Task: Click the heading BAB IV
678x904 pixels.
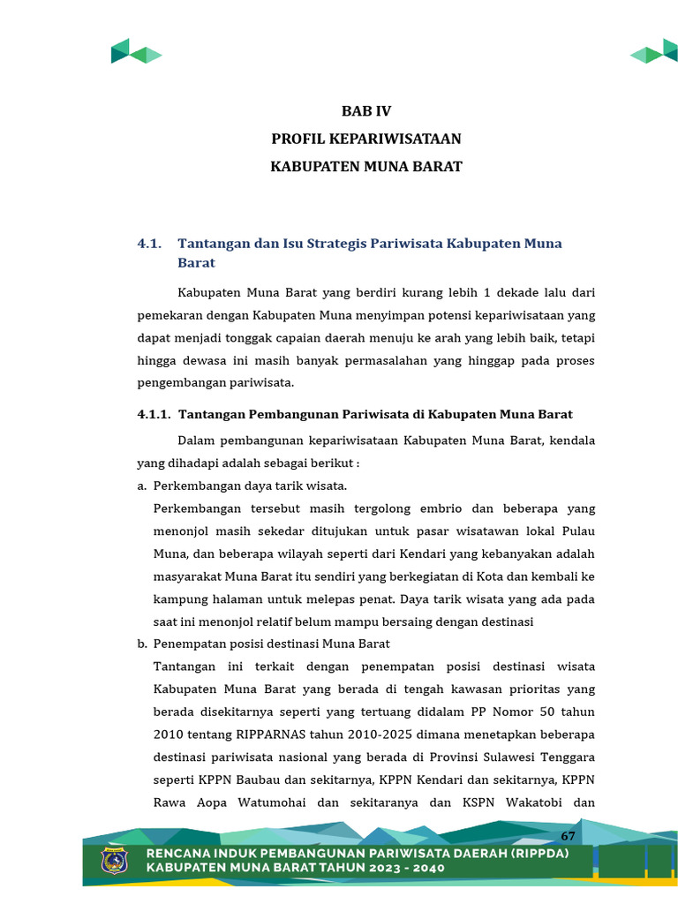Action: (x=366, y=111)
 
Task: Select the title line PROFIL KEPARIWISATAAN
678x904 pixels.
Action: (x=366, y=139)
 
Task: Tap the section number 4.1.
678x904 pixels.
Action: (x=149, y=244)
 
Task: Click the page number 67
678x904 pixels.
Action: (x=568, y=836)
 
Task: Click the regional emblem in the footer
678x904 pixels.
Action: (x=114, y=861)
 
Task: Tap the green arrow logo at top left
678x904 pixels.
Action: (x=135, y=52)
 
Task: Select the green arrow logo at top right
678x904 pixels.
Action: (x=654, y=52)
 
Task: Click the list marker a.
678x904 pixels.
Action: (x=141, y=486)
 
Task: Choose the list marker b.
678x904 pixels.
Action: (x=141, y=644)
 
